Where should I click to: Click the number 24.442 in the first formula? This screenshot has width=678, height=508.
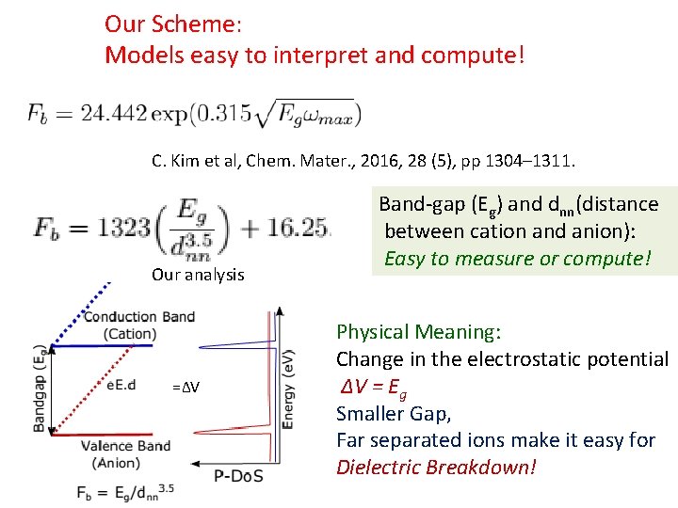point(115,115)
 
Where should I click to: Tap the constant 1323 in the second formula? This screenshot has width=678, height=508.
point(120,228)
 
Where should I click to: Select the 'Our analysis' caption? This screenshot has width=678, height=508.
point(198,275)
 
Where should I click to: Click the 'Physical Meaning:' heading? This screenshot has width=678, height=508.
point(419,332)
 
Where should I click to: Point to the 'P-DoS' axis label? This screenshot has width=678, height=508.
point(238,475)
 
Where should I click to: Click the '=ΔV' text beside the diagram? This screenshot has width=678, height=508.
point(186,389)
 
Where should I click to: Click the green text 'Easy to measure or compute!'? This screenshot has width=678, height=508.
point(518,258)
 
